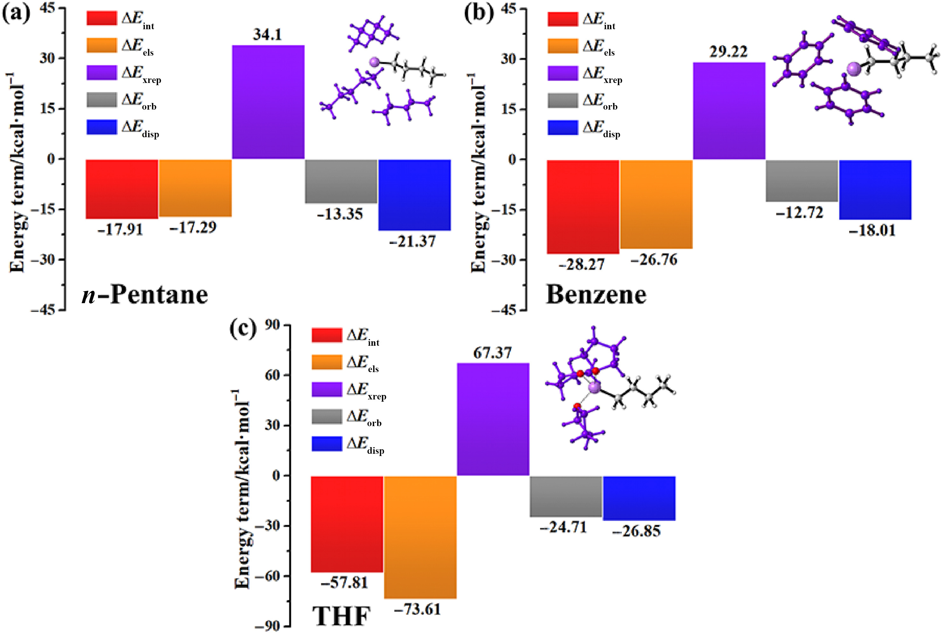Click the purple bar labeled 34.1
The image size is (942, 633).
268,102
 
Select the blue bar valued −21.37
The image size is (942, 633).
414,195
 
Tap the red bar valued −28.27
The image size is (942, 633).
583,207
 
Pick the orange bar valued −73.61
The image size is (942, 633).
420,537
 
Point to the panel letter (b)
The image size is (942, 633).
479,13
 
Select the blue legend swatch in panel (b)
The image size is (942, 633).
563,127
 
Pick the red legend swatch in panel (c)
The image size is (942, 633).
327,335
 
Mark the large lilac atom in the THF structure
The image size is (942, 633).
594,388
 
